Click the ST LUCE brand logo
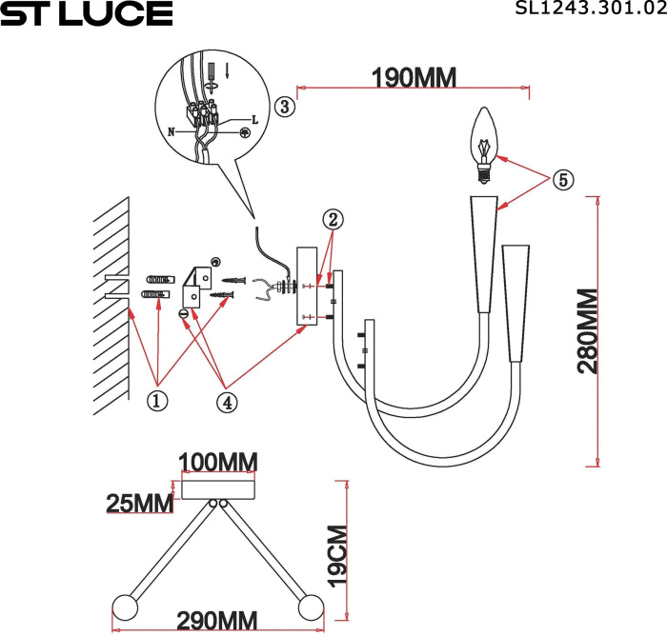[87, 13]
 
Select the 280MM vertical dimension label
[587, 331]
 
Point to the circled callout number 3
[283, 107]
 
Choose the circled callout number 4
[226, 402]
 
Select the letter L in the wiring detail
[255, 120]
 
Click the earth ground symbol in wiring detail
[245, 133]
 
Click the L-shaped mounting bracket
[196, 282]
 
